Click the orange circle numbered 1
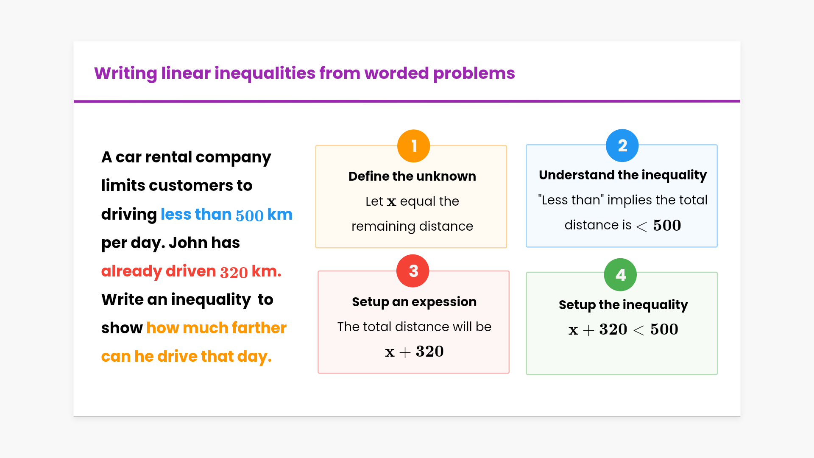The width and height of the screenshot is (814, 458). tap(414, 146)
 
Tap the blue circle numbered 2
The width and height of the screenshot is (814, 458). tap(622, 145)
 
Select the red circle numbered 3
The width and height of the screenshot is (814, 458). tap(413, 271)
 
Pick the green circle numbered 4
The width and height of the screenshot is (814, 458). tap(620, 275)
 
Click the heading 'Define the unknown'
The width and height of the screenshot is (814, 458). tap(412, 176)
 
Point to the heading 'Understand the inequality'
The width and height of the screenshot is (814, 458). tap(623, 175)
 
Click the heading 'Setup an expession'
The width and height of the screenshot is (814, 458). tap(414, 302)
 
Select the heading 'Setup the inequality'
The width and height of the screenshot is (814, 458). tap(623, 305)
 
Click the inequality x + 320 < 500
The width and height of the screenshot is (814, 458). tap(623, 330)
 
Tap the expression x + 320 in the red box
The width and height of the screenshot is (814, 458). tap(414, 352)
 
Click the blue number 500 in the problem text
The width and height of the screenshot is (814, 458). tap(250, 215)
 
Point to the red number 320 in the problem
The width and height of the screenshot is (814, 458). tap(234, 272)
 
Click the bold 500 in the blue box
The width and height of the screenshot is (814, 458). tap(667, 225)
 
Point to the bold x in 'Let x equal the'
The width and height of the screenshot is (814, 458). tap(391, 202)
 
